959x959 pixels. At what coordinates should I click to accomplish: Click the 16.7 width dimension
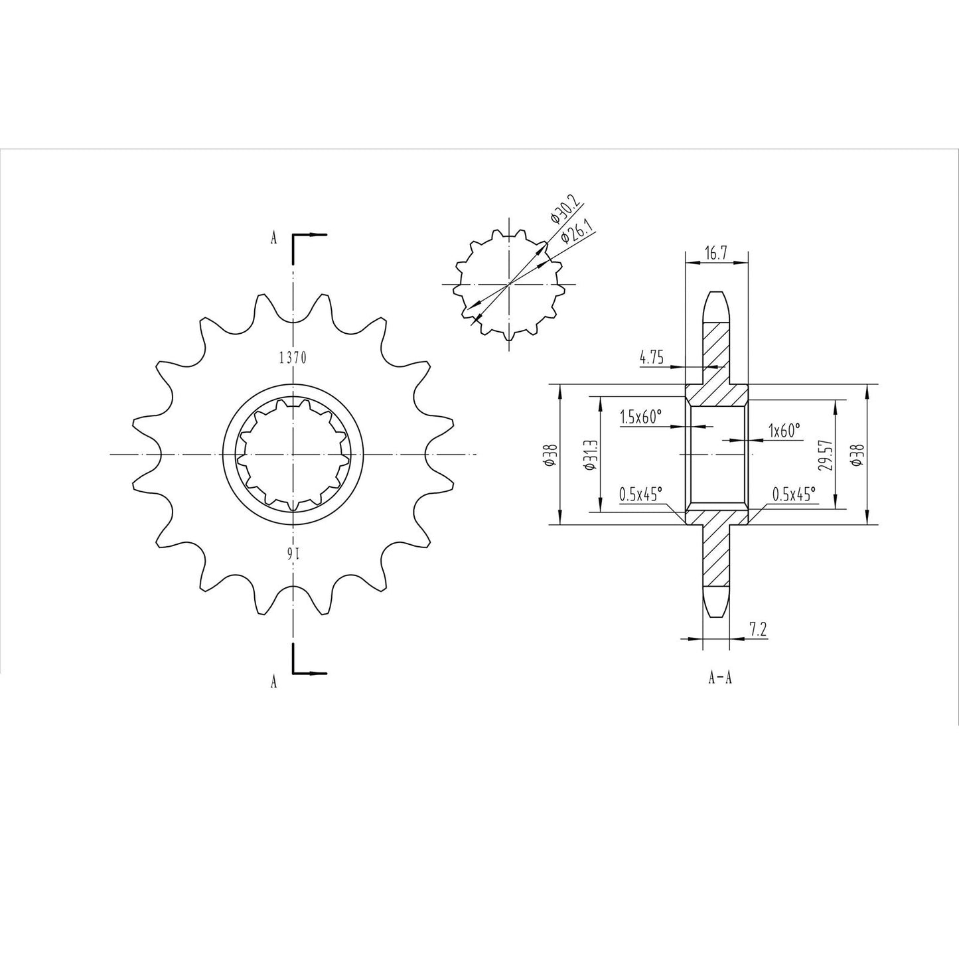click(715, 252)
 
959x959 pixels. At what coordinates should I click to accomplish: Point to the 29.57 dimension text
click(825, 455)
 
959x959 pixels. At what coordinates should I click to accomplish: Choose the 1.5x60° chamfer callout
click(641, 417)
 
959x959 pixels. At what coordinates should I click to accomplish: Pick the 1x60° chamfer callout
click(784, 430)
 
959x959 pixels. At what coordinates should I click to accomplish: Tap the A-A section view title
click(719, 678)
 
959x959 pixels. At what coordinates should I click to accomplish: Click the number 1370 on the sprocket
click(292, 358)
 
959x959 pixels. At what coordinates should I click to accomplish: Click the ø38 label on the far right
click(858, 455)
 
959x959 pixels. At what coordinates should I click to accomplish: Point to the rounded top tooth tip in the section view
click(716, 297)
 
